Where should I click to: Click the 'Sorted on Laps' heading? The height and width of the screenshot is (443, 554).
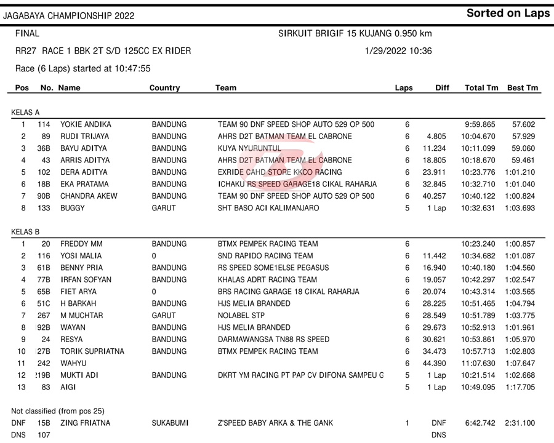coord(508,14)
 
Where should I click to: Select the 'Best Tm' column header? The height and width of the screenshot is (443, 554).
coord(523,88)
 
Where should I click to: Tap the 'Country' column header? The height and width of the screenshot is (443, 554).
coord(164,88)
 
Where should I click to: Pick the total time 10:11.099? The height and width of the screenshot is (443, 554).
coord(481,148)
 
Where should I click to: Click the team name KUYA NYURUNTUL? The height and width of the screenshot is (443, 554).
coord(249,148)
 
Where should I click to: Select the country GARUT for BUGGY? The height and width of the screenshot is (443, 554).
coord(164,208)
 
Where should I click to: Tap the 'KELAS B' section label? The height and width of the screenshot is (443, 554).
coord(25,232)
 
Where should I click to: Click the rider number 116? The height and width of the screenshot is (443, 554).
coord(43,256)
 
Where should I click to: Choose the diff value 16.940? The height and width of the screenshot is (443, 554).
coord(434,268)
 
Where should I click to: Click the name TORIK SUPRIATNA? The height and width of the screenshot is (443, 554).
coord(92,351)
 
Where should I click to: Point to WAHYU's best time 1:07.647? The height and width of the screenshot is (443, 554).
coord(520,363)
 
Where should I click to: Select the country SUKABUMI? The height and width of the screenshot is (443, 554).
coord(170,423)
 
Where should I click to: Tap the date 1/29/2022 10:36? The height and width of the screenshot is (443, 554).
coord(398,51)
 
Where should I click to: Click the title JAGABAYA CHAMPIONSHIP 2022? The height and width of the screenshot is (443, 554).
coord(68,15)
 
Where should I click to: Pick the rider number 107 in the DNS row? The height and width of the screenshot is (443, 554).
coord(43,435)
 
